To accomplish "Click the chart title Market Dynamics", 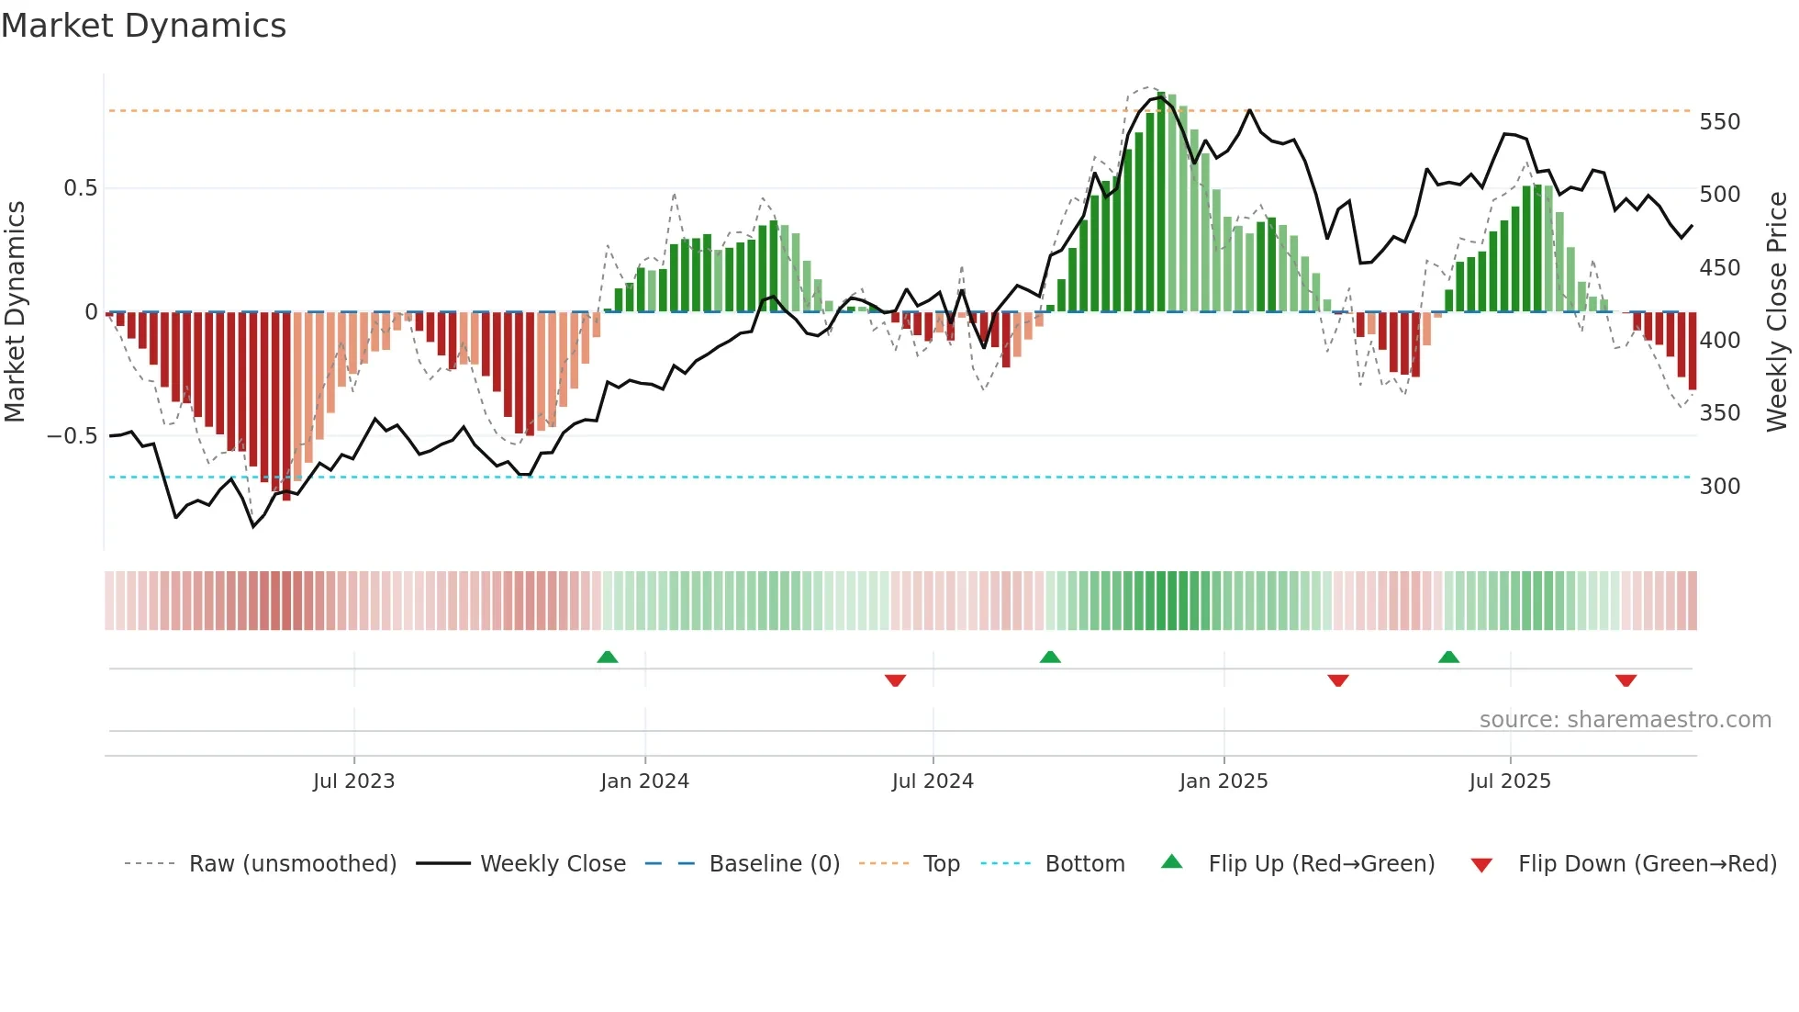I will point(144,26).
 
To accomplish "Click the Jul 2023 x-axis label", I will point(353,781).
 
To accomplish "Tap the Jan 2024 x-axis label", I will point(644,781).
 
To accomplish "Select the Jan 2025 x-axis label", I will point(1224,781).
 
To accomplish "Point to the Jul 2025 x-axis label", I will point(1510,781).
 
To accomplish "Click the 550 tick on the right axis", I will point(1719,122).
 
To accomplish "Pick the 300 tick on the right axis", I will point(1719,487).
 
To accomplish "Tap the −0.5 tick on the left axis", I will point(73,436).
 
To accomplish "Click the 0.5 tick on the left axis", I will point(80,188).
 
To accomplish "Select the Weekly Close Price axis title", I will point(1777,312).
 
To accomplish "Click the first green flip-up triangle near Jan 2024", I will point(608,658).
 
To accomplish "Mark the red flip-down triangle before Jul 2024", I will point(895,680).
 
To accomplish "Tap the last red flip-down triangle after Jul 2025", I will point(1626,680).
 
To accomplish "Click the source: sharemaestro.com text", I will point(1625,720).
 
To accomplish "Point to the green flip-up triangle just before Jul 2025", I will point(1448,658).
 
